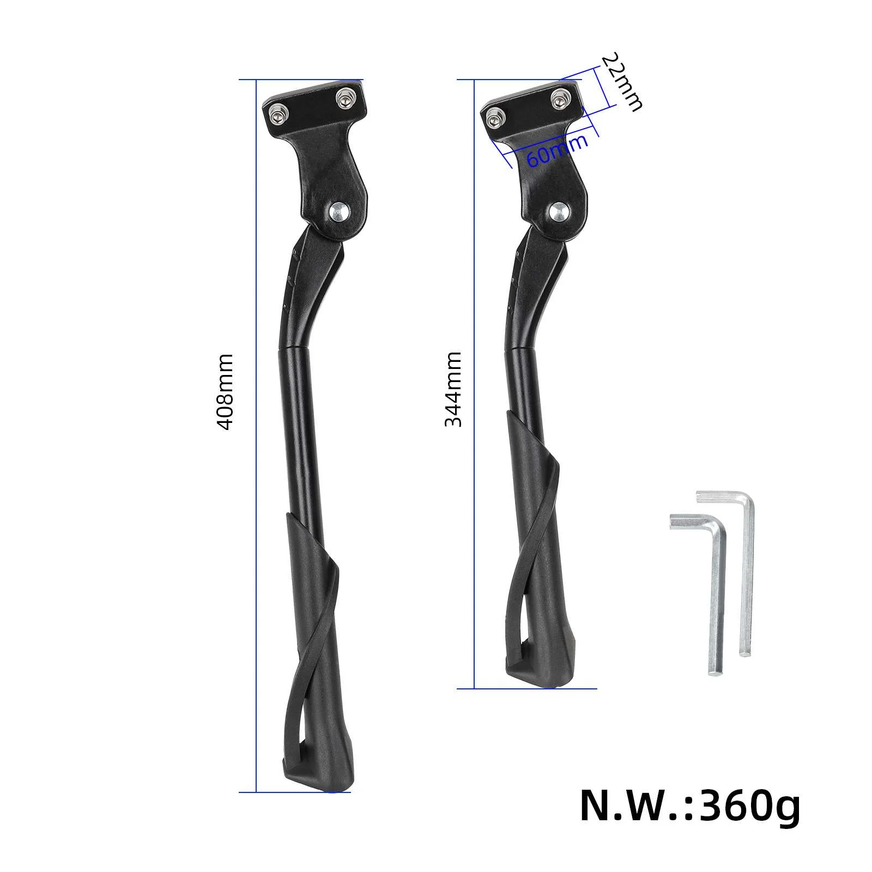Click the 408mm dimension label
(x=225, y=391)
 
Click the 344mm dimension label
(x=453, y=389)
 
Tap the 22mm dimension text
(x=622, y=82)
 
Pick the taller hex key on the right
(x=747, y=572)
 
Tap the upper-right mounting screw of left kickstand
(x=344, y=99)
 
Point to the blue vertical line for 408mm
(x=256, y=491)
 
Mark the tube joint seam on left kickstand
(x=296, y=348)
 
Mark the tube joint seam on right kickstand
(x=522, y=348)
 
